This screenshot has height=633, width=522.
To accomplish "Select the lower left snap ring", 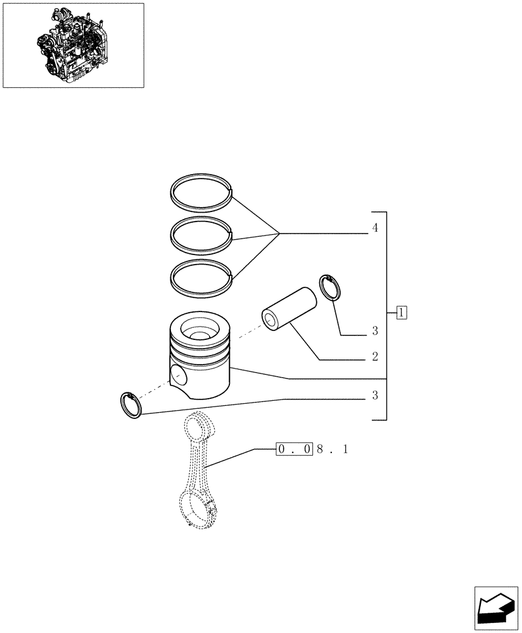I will point(130,404).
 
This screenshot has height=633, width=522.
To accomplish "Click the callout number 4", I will point(375,229).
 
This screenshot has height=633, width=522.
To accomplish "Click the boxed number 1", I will point(402,312).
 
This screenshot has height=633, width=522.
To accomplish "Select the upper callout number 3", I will point(375,331).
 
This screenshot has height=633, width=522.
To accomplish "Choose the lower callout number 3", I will point(375,396).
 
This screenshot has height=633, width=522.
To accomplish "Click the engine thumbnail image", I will point(73,45).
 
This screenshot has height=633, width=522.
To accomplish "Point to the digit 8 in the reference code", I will point(320,449).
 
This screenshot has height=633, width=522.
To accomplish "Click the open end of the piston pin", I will point(272,320).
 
